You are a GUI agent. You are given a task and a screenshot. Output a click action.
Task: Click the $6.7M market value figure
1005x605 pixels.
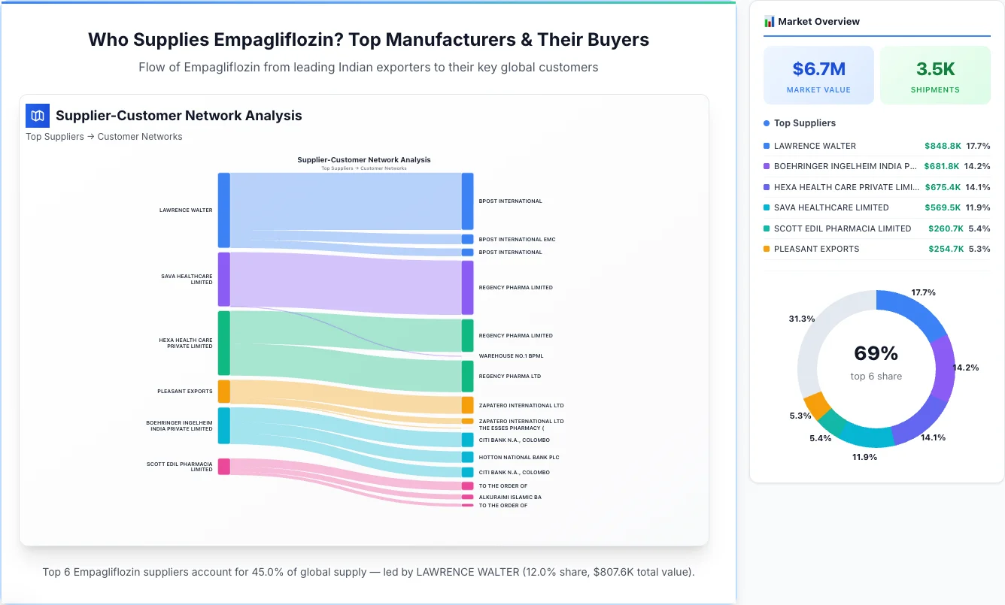(x=818, y=69)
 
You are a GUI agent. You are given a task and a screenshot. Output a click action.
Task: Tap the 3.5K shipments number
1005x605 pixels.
(x=935, y=69)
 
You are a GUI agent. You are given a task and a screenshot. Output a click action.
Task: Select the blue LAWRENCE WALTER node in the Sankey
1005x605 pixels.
(x=224, y=210)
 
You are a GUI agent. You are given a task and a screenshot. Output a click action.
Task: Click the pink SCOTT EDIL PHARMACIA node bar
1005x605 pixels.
(x=224, y=466)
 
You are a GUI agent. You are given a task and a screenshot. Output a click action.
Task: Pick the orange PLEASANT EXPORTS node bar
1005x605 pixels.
(x=224, y=392)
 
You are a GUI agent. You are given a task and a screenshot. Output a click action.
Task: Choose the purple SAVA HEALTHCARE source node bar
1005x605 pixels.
(x=224, y=279)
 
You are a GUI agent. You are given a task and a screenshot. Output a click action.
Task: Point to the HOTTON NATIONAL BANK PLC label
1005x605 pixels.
(x=519, y=457)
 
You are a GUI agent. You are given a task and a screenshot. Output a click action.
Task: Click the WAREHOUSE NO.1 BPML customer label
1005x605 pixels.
(x=511, y=355)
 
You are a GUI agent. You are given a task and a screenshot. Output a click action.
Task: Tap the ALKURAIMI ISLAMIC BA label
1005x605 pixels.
(x=510, y=497)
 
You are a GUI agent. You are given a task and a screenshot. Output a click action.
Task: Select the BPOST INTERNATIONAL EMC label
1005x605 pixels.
(x=517, y=239)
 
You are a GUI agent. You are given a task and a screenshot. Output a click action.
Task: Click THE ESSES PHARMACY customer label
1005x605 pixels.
(x=511, y=428)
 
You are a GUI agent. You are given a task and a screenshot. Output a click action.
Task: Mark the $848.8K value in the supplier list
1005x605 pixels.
(x=943, y=146)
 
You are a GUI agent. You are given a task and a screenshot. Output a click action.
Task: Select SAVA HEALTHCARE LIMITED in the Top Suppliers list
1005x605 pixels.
(x=831, y=207)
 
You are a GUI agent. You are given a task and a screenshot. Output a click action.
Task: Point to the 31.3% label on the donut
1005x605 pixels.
(x=801, y=319)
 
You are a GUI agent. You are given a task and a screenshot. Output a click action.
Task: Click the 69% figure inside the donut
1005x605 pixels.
(x=876, y=353)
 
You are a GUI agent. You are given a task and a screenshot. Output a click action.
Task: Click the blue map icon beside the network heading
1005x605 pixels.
(x=37, y=116)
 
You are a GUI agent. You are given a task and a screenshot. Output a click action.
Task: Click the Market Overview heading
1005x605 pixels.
(x=818, y=22)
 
